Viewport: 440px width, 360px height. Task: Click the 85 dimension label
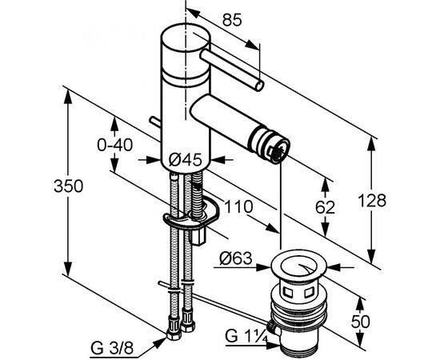coord(232,20)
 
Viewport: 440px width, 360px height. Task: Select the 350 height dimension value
coord(69,186)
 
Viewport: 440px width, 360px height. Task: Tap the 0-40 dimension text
coord(115,146)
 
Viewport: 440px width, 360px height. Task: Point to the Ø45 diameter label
coord(186,160)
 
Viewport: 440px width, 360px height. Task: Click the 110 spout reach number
coord(238,206)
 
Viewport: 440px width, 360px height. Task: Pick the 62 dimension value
coord(326,207)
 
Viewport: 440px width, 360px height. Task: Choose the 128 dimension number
coord(372,201)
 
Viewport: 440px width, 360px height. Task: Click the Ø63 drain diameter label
coord(236,258)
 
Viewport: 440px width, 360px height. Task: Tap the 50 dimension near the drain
coord(361,322)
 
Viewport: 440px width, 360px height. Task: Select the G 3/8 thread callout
coord(112,349)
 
